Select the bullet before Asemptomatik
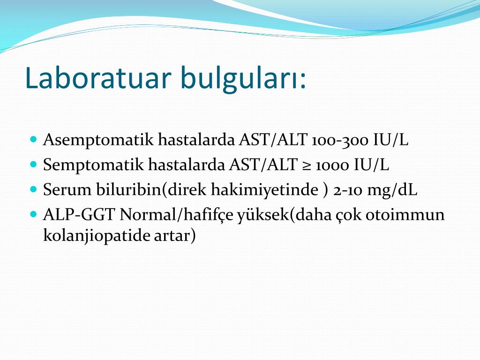[x=34, y=139]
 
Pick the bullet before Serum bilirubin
[x=34, y=189]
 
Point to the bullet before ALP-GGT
[x=34, y=214]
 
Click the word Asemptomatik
[x=98, y=140]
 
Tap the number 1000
[x=332, y=165]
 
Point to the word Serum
[x=67, y=190]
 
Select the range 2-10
[x=348, y=191]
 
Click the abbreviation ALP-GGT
[x=79, y=215]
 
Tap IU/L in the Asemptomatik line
[x=390, y=140]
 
